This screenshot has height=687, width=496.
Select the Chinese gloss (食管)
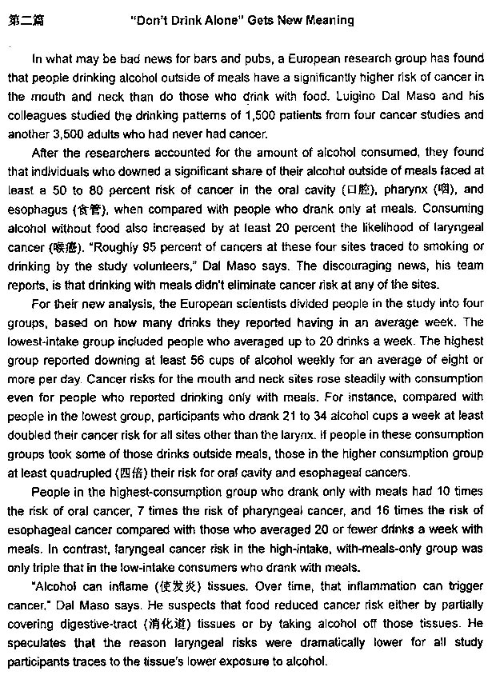tap(86, 210)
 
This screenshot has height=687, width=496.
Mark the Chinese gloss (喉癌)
tap(66, 248)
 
